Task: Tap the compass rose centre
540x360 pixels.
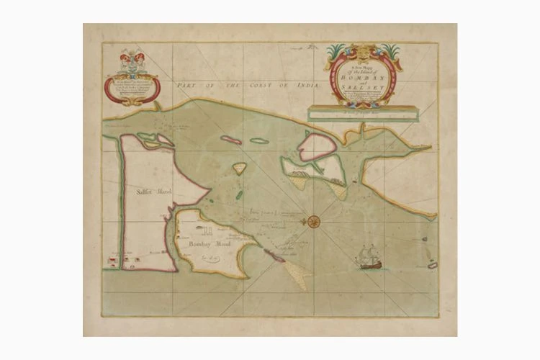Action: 314,221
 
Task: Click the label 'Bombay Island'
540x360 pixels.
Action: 204,243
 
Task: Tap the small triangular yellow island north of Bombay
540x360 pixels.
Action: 239,168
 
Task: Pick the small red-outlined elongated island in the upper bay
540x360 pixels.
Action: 231,140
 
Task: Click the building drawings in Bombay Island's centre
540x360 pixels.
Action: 207,232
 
